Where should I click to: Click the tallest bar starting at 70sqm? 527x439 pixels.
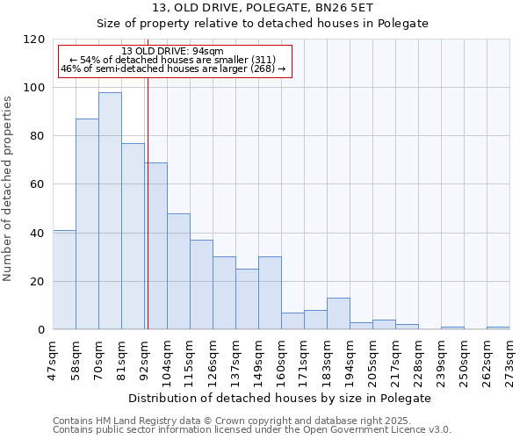[x=110, y=211]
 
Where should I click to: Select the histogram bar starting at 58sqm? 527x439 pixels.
[x=87, y=224]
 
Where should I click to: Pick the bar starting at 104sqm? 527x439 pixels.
[x=178, y=271]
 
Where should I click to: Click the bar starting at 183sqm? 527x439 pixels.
[x=338, y=313]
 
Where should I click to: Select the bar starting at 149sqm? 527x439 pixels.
[x=270, y=293]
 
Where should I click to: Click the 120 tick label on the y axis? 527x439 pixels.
[x=34, y=40]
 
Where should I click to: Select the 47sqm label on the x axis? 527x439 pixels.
[x=54, y=357]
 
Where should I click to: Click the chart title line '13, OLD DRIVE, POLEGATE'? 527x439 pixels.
[x=263, y=8]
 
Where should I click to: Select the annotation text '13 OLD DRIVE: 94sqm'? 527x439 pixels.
[x=173, y=51]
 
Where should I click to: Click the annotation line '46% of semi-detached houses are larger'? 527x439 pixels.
[x=173, y=68]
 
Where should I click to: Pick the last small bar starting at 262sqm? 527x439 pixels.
[x=498, y=327]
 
